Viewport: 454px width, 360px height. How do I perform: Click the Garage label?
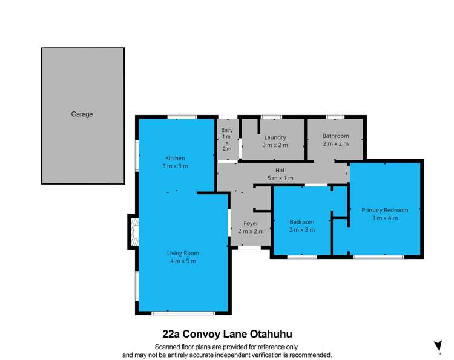pyautogui.click(x=82, y=114)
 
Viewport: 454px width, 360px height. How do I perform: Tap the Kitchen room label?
pyautogui.click(x=175, y=159)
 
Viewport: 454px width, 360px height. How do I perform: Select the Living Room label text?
pyautogui.click(x=183, y=253)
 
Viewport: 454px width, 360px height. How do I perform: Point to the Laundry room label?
pyautogui.click(x=275, y=137)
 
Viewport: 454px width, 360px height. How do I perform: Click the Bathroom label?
pyautogui.click(x=335, y=136)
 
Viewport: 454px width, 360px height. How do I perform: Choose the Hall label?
pyautogui.click(x=280, y=171)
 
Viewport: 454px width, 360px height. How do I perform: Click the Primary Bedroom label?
pyautogui.click(x=385, y=210)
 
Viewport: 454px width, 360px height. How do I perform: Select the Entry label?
pyautogui.click(x=227, y=130)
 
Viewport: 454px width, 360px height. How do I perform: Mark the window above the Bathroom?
pyautogui.click(x=335, y=116)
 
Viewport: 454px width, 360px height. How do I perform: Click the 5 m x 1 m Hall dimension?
pyautogui.click(x=280, y=178)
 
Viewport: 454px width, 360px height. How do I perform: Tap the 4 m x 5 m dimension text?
pyautogui.click(x=183, y=261)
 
